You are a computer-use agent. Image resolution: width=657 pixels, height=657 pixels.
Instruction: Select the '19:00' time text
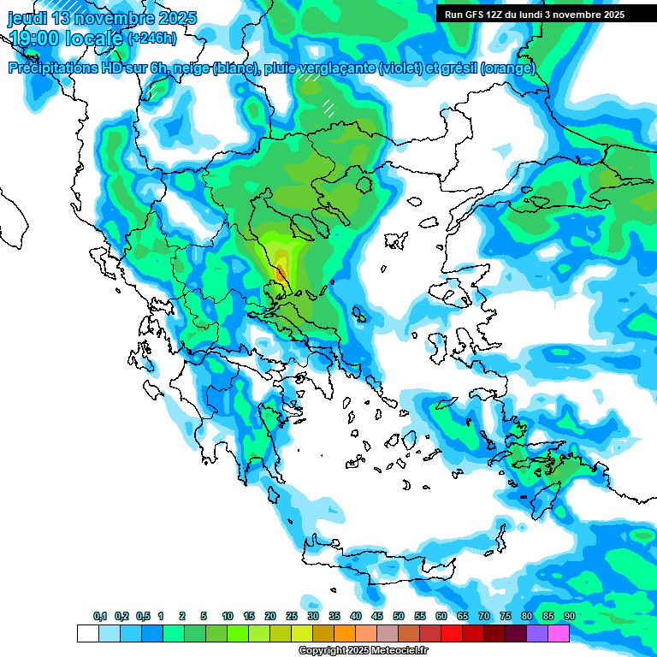(33, 38)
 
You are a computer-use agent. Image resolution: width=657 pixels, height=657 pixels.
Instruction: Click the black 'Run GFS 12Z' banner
(535, 15)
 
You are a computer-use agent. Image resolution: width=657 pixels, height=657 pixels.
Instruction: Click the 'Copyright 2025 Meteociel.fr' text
(363, 651)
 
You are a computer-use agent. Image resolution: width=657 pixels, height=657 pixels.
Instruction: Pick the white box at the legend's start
(87, 633)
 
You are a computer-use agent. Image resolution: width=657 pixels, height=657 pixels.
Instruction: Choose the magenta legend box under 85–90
(559, 633)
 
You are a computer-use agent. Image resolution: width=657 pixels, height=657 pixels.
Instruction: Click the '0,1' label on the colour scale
(100, 617)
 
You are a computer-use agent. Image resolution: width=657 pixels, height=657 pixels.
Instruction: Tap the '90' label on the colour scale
(570, 617)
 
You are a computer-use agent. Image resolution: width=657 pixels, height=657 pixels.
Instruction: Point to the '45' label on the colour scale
(377, 617)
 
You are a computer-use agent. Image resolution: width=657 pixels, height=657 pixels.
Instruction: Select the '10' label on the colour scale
(228, 617)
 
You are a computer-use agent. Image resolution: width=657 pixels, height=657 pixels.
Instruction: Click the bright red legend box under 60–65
(452, 633)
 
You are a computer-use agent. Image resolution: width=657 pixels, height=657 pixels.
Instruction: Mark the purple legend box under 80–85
(537, 633)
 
